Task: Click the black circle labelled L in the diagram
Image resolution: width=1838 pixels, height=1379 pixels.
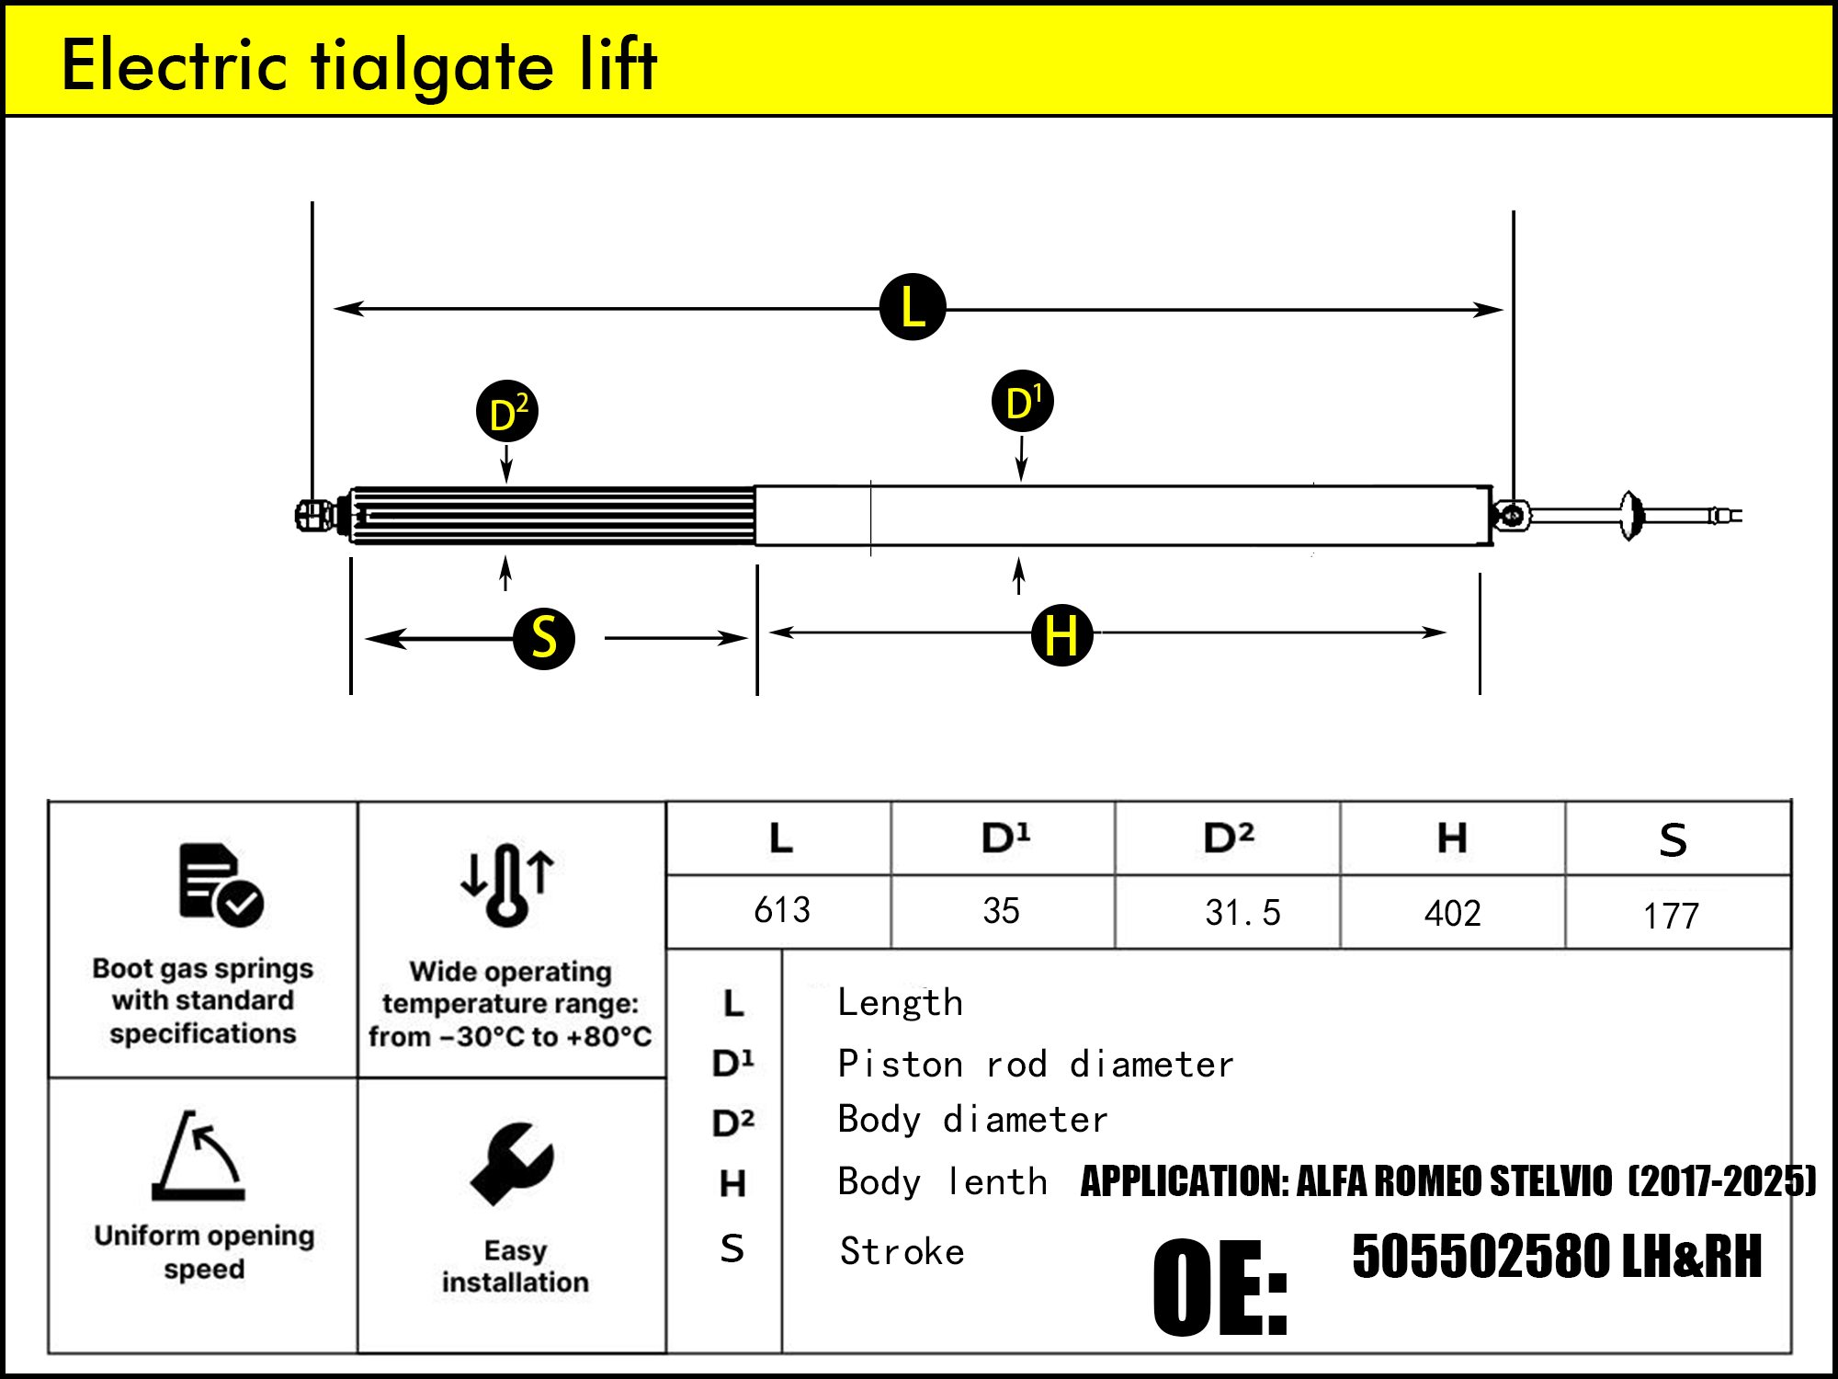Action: point(912,307)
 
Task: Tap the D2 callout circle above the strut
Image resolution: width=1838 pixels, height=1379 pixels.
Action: point(506,411)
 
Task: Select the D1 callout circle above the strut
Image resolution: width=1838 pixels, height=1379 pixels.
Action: point(1022,402)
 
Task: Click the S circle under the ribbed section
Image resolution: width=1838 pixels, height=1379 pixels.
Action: point(544,638)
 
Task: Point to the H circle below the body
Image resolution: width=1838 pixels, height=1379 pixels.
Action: point(1061,635)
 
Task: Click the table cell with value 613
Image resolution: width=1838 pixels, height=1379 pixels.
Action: point(781,911)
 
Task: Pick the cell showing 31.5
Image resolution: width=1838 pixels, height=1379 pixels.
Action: point(1242,913)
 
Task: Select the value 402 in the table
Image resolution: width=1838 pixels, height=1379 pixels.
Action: point(1452,913)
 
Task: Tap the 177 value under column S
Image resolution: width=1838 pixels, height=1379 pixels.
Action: point(1670,916)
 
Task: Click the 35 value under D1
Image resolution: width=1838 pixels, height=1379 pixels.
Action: point(1001,911)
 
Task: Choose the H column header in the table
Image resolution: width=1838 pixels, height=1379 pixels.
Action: point(1452,838)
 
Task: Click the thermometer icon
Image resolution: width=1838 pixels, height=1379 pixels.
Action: point(507,884)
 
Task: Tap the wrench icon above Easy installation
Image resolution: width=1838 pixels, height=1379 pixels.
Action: point(512,1164)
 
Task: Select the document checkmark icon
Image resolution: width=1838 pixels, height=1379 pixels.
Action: point(220,884)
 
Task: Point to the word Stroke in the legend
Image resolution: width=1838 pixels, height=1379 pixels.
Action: point(902,1252)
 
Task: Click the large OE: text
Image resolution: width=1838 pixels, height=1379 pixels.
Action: point(1220,1287)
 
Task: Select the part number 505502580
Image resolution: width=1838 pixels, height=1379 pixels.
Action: point(1481,1257)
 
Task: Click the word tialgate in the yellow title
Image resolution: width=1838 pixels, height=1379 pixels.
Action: point(433,66)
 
